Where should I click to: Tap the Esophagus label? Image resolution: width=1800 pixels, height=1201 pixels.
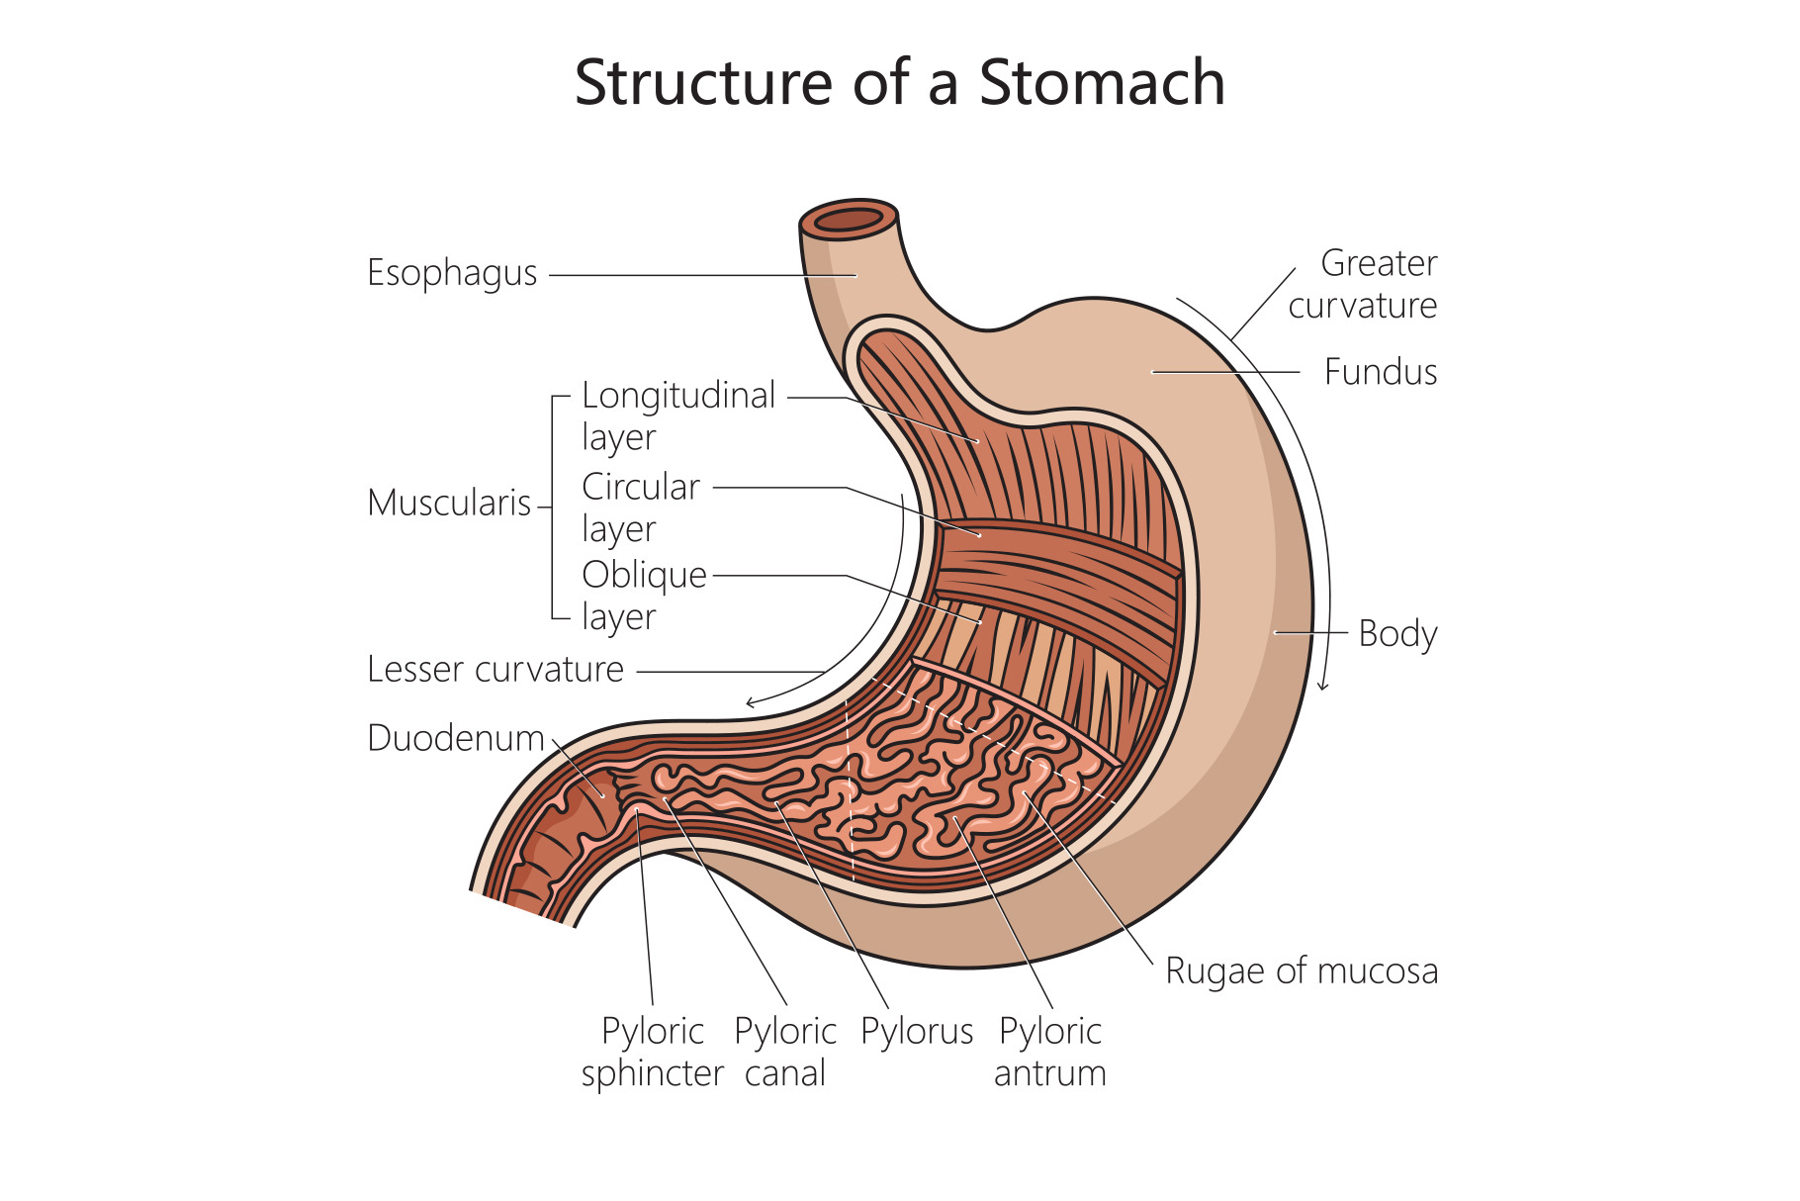pos(452,273)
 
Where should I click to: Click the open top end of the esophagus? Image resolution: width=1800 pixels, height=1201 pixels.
pos(849,219)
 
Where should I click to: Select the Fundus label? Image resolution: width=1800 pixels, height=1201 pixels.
pos(1380,372)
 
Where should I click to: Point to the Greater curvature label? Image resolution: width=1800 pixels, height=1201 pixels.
pos(1363,284)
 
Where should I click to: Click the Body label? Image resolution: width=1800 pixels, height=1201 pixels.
pos(1397,633)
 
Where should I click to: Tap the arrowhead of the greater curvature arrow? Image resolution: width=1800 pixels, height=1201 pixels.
pos(1323,685)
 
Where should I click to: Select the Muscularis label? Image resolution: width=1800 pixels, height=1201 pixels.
pos(449,503)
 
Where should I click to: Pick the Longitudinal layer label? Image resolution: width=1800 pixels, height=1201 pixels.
pos(677,416)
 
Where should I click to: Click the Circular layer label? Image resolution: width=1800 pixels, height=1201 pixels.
pos(640,507)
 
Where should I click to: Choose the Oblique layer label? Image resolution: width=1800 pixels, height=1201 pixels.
pos(644,595)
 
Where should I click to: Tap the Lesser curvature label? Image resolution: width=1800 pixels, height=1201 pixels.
pos(495,670)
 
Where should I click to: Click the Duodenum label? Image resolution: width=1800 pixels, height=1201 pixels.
pos(456,738)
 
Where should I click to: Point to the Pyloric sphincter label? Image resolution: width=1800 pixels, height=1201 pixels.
pos(653,1052)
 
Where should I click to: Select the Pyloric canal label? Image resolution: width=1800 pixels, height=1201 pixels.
pos(785,1052)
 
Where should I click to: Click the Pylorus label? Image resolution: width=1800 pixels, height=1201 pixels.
pos(917,1032)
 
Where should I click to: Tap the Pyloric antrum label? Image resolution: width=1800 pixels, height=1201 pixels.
pos(1049,1052)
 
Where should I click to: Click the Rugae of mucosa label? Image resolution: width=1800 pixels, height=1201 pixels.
pos(1301,970)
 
